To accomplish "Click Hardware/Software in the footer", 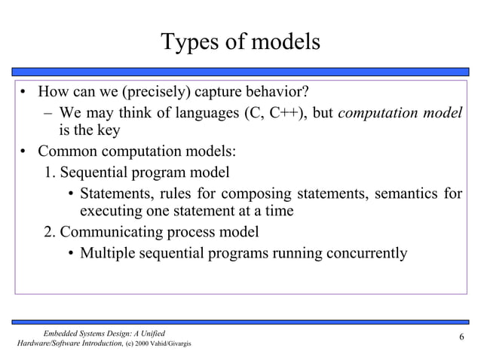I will (45, 343).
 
